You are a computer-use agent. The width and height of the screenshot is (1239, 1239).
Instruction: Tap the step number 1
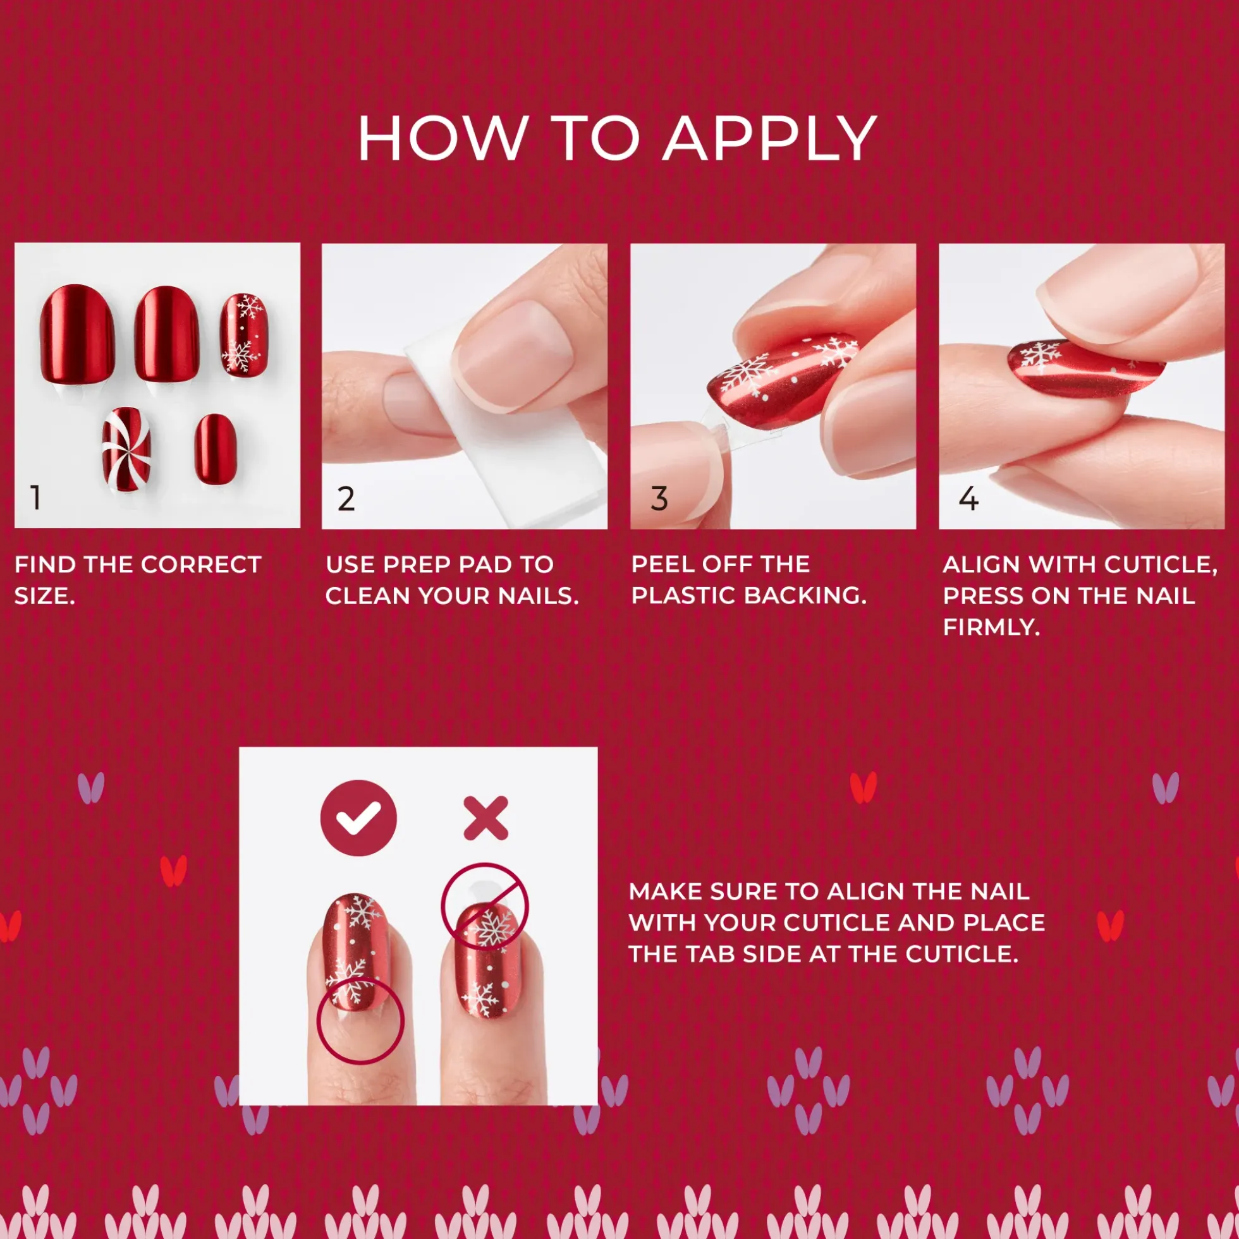(36, 498)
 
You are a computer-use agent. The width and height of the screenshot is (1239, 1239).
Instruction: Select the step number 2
(346, 499)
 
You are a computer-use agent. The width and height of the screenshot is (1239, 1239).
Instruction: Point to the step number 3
(659, 499)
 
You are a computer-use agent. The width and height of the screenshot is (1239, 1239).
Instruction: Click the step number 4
(968, 499)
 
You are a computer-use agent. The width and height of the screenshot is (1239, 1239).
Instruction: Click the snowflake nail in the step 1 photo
(244, 335)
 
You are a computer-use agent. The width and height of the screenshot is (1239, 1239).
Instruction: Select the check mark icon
(358, 818)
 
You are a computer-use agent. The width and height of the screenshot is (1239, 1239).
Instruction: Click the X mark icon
(485, 818)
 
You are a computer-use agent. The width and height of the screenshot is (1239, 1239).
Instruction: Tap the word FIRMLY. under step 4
(991, 627)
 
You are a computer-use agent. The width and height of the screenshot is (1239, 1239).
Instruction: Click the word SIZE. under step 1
(45, 596)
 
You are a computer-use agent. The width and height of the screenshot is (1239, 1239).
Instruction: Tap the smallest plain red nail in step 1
(215, 449)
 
